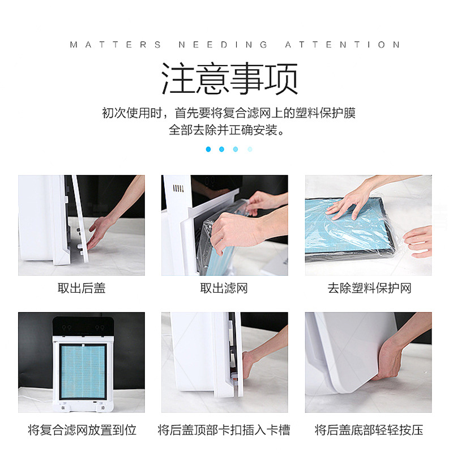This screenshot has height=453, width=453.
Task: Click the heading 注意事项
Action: (x=230, y=79)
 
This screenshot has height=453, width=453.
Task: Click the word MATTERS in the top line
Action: (x=116, y=45)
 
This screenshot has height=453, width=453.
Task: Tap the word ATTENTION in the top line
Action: (x=343, y=45)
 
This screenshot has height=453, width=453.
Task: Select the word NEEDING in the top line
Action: (x=223, y=45)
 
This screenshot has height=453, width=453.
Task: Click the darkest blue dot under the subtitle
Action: (x=208, y=149)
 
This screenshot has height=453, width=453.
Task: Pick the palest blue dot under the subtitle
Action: (x=250, y=149)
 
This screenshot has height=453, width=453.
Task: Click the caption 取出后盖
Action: (x=82, y=288)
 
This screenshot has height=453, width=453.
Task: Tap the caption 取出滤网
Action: (x=224, y=288)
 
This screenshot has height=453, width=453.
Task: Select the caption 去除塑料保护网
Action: (x=369, y=288)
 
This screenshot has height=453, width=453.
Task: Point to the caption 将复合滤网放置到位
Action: (x=82, y=430)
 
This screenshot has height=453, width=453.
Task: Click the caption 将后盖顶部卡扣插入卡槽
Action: (x=224, y=430)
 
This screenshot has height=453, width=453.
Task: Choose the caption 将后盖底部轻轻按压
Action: (x=369, y=430)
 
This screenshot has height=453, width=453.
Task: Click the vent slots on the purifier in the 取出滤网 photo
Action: (x=178, y=189)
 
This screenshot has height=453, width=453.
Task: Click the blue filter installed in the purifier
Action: (x=83, y=371)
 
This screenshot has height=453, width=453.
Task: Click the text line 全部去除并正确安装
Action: (x=227, y=130)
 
